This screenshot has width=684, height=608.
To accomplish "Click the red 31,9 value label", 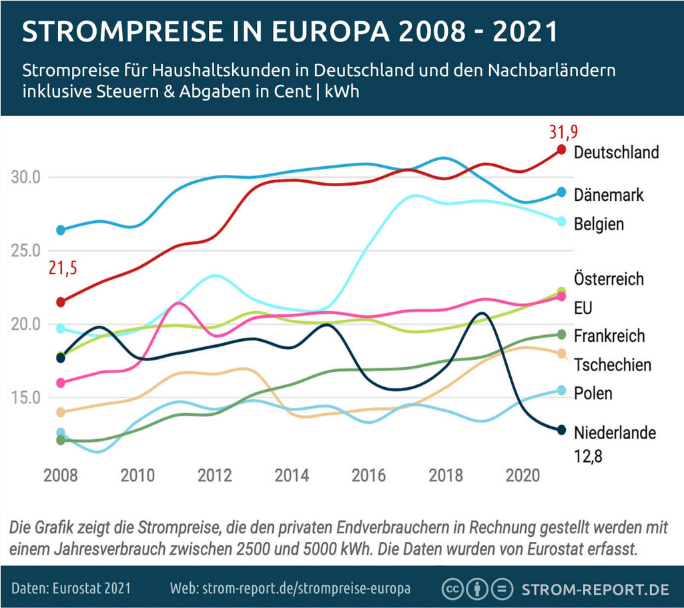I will coord(562,131).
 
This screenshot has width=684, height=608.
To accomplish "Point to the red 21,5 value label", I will coord(62,269).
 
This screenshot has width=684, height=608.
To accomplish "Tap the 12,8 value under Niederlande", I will coord(589,457).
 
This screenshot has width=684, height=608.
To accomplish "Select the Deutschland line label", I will coord(616,152).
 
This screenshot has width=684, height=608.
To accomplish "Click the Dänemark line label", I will coord(609,195).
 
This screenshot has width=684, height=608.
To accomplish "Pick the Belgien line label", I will coord(599,224).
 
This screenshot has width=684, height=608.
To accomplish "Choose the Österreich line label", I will coord(609,278).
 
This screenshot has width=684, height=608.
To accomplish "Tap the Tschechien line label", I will coord(613,364).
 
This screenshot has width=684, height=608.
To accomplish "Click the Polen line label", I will coord(593,393).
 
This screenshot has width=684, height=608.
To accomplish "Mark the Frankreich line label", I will coord(609,336).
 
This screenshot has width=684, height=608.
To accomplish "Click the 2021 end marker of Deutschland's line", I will coord(561,149).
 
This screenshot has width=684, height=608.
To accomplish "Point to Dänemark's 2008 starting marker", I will coord(61,230).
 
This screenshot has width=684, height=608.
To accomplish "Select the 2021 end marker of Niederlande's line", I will coord(561,430).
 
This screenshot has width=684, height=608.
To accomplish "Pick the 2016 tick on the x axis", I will coord(368,476).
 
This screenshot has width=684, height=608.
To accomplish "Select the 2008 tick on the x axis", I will coord(61,476).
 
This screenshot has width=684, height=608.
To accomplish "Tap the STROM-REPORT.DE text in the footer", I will coord(595,590).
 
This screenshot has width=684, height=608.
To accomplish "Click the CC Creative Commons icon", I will coord(453,589).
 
